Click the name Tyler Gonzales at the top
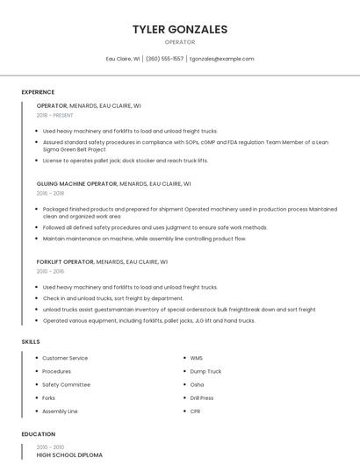180,29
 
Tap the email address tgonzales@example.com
221,59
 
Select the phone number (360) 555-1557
165,59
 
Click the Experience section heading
38,91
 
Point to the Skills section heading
30,340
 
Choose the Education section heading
38,433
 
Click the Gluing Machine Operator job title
76,184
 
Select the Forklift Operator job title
65,261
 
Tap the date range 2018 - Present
54,115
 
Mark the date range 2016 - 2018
50,193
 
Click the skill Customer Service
65,358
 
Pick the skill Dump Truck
205,371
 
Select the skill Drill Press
202,397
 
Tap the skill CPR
195,411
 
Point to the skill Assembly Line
60,411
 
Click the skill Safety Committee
66,384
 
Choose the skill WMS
197,358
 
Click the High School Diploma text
69,455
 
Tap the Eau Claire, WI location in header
123,59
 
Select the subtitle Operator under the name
180,42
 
